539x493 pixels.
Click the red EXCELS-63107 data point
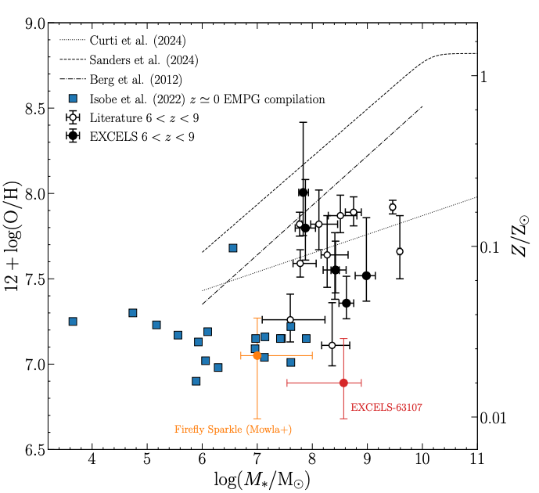(x=343, y=383)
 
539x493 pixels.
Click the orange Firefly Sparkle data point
(x=257, y=355)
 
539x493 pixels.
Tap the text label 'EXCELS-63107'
(x=386, y=407)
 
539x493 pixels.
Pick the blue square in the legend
(x=73, y=99)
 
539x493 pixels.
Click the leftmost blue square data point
(x=73, y=322)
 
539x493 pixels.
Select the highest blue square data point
(x=232, y=248)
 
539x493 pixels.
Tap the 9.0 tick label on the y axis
(x=35, y=23)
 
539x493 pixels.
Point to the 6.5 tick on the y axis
(x=35, y=449)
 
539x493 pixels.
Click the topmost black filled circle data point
(x=303, y=193)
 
